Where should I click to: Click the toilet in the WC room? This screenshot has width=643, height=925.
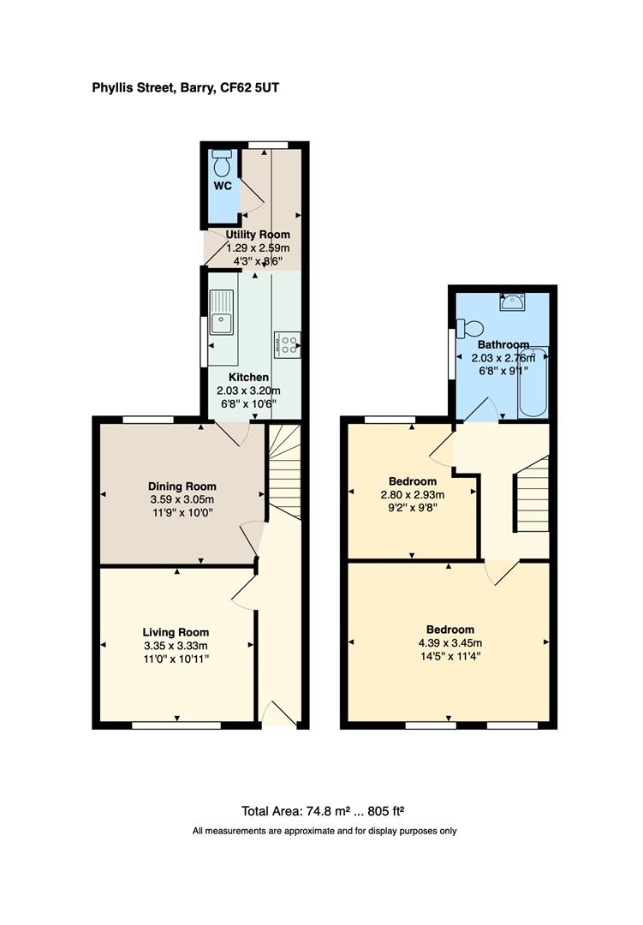pos(223,161)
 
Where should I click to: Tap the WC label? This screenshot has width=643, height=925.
pos(223,185)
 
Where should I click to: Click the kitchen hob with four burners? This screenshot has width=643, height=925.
pos(287,343)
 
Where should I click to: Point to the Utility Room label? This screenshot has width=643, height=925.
pos(258,235)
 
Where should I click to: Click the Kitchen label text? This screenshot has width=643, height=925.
pos(248,377)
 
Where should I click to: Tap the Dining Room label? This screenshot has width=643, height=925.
pos(182,486)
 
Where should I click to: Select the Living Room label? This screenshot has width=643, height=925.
pos(176,632)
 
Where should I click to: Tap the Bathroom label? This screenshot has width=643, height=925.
pos(503,344)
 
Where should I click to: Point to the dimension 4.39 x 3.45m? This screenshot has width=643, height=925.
pos(447,643)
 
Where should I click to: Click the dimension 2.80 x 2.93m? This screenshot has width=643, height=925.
pos(413,495)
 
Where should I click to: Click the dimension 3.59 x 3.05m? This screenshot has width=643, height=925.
pos(182,499)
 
